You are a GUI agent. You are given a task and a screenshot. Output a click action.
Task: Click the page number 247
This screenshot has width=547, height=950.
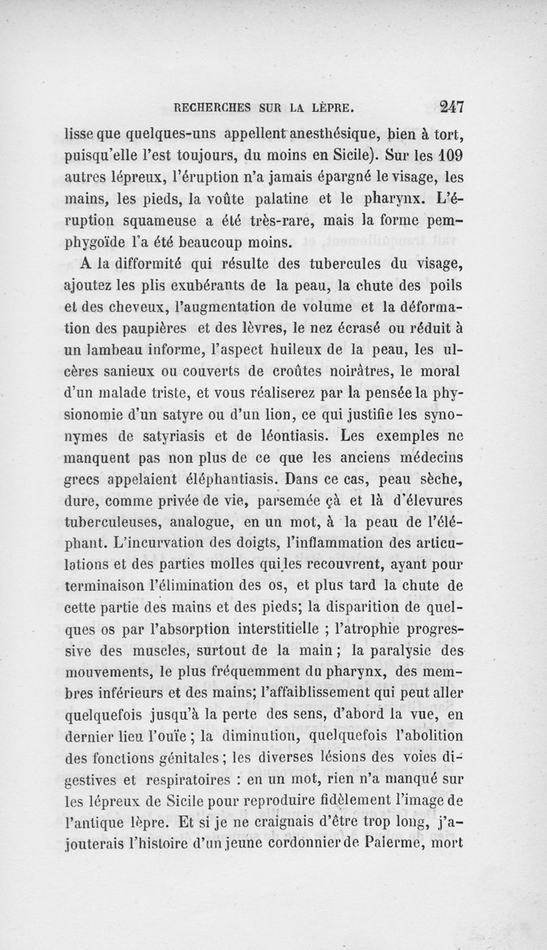tap(448, 107)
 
